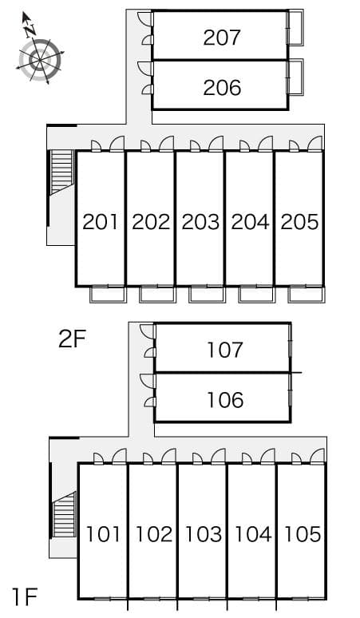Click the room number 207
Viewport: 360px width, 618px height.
(222, 38)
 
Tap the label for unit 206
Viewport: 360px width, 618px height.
(222, 88)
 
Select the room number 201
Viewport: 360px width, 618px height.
(101, 221)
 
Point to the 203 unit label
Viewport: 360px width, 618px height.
(200, 221)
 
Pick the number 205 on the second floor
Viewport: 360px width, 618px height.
(299, 221)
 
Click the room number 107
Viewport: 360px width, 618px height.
(225, 350)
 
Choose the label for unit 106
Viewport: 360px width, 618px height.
(225, 400)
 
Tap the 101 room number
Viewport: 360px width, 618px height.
(104, 534)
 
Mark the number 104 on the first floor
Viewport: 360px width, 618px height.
(253, 534)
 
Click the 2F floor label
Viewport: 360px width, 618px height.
(72, 339)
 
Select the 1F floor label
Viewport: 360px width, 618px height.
(25, 596)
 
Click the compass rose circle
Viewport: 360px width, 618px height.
(40, 60)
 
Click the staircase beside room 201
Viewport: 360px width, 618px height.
(62, 172)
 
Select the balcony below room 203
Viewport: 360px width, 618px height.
(206, 295)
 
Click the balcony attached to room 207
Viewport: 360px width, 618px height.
(295, 28)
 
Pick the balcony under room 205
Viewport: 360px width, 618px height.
(306, 295)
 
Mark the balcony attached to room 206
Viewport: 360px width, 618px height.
(295, 77)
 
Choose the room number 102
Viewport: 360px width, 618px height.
(153, 534)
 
